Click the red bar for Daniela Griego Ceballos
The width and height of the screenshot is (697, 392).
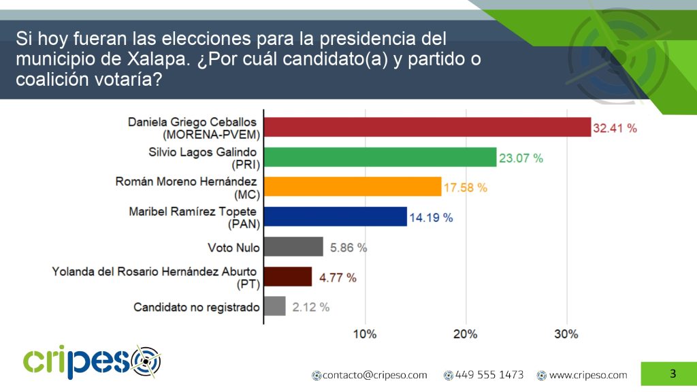427,127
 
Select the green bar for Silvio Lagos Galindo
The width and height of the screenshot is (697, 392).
380,157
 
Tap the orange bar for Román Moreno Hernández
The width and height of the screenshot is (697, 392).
352,187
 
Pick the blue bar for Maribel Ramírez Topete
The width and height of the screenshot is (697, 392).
335,217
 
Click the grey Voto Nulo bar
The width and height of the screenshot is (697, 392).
293,247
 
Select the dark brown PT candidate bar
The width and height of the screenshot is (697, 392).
288,277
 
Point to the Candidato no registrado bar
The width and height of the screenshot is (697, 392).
274,307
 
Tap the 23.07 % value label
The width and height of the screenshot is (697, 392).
521,158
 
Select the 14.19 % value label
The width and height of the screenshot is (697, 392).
431,218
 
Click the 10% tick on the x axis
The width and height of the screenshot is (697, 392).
365,334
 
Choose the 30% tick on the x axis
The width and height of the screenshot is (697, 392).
566,334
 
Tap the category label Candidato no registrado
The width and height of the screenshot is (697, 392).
197,308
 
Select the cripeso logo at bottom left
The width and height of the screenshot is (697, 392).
92,362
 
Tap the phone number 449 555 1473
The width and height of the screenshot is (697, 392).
489,375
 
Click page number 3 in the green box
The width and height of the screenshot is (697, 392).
672,373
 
